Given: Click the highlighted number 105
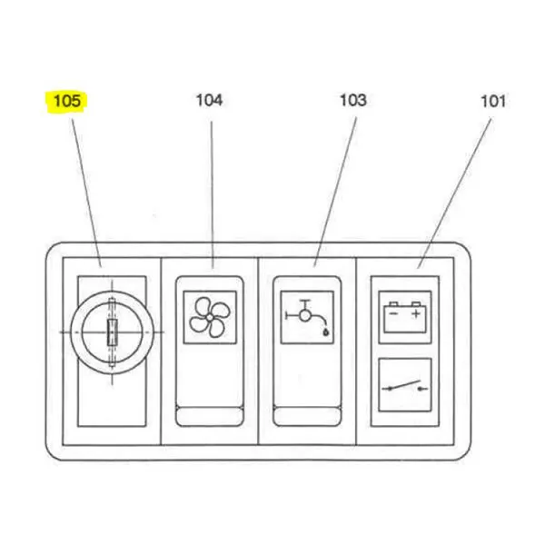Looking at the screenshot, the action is tap(67, 101).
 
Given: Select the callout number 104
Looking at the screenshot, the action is tap(209, 100).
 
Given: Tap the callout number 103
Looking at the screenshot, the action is tap(353, 100).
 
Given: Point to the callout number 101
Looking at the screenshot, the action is tap(493, 101).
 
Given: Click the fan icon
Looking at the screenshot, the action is tap(210, 317).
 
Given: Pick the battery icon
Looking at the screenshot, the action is tap(405, 317).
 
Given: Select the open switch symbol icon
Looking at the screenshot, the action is tap(405, 386).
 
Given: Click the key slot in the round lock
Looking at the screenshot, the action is tap(112, 332).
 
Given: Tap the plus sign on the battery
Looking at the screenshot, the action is tap(416, 314).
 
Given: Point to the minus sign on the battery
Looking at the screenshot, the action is tap(393, 314).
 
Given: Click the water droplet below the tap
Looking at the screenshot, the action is tap(326, 332).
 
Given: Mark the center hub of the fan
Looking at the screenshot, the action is tap(210, 317).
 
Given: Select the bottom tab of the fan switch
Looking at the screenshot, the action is tap(210, 416).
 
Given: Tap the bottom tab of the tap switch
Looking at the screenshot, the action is tap(307, 416).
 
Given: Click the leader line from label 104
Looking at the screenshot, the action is tap(212, 194).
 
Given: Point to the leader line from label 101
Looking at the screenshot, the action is tap(455, 193).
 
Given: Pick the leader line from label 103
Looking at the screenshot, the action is tap(335, 192).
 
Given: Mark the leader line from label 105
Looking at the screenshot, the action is tap(86, 193).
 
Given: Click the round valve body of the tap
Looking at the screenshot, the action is tap(305, 316).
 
